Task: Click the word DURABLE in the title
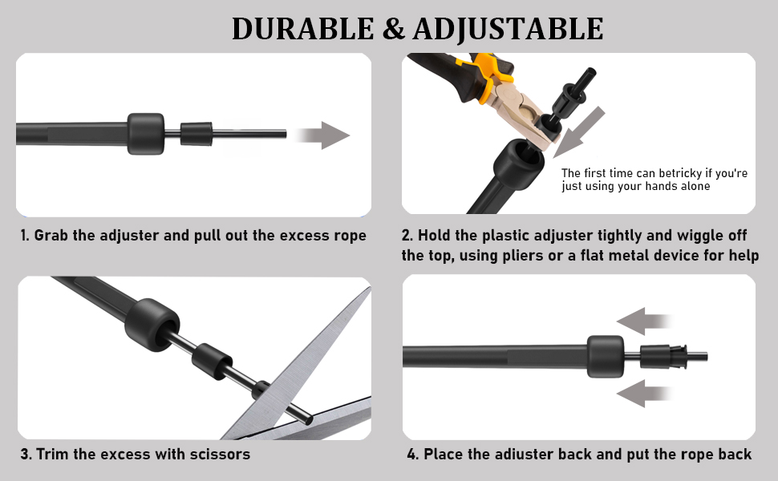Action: pyautogui.click(x=302, y=28)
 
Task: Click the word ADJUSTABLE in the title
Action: pyautogui.click(x=508, y=29)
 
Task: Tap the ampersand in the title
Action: pyautogui.click(x=394, y=29)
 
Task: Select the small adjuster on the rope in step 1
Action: pyautogui.click(x=196, y=133)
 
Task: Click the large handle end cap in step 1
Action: pyautogui.click(x=145, y=133)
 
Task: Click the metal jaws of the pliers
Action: pyautogui.click(x=529, y=116)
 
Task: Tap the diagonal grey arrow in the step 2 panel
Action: pyautogui.click(x=578, y=132)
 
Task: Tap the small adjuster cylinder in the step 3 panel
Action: pyautogui.click(x=212, y=362)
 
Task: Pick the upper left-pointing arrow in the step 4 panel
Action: pyautogui.click(x=645, y=321)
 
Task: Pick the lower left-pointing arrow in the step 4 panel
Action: pyautogui.click(x=645, y=394)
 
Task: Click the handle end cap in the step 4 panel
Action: pyautogui.click(x=606, y=357)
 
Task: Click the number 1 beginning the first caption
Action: pyautogui.click(x=24, y=235)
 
